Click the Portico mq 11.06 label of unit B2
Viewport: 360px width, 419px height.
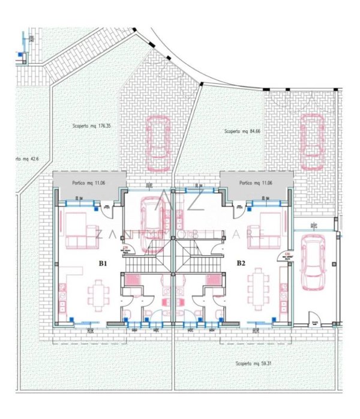pyautogui.click(x=257, y=182)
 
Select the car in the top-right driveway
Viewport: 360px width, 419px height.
pyautogui.click(x=312, y=142)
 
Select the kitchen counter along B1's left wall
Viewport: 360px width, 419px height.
pyautogui.click(x=62, y=297)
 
